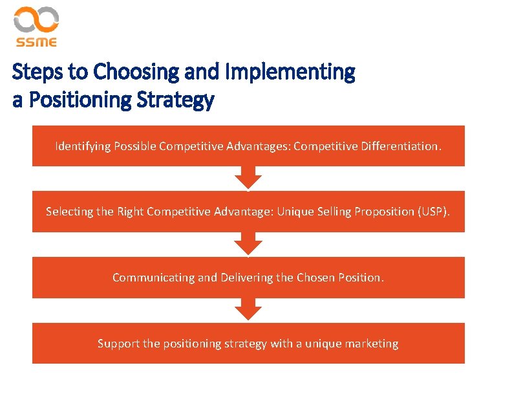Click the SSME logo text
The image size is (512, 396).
click(x=36, y=42)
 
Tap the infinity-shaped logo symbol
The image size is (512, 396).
click(x=36, y=20)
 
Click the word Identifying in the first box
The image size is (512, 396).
click(x=83, y=146)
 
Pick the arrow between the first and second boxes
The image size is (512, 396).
click(x=248, y=177)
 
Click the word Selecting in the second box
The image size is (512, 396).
click(x=69, y=211)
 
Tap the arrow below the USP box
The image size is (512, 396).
click(x=248, y=244)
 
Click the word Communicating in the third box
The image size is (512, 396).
click(x=153, y=277)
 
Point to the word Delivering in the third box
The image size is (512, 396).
click(x=246, y=277)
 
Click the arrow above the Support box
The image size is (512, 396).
click(x=248, y=309)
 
